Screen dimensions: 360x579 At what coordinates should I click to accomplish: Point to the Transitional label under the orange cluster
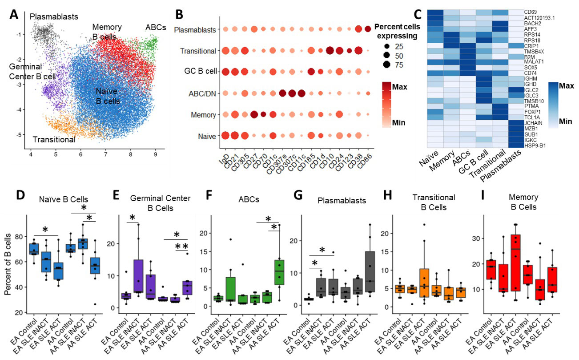pos(54,140)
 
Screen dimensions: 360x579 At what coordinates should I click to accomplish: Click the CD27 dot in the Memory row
pos(254,114)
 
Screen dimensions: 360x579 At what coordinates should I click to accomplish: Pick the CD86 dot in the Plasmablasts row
pos(367,29)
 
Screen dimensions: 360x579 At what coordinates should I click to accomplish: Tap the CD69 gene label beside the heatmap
pos(531,12)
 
